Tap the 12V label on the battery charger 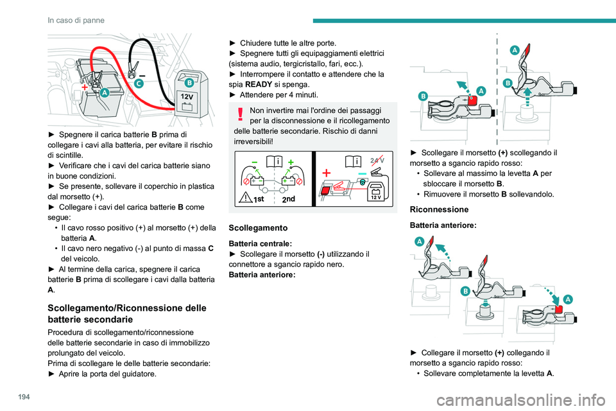187,96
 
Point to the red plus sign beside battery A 83,85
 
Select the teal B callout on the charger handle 189,83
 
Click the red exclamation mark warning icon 239,114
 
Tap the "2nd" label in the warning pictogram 289,199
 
